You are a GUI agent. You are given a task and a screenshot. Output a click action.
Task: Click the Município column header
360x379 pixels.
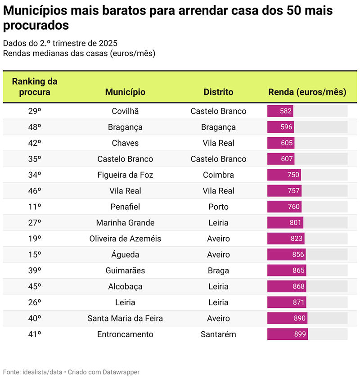pyautogui.click(x=125, y=92)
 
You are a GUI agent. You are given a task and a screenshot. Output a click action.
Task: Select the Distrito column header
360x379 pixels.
pyautogui.click(x=218, y=92)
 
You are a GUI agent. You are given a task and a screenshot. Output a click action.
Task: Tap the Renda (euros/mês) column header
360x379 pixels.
pyautogui.click(x=307, y=92)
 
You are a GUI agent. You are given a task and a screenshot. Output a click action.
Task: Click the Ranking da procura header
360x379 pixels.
pyautogui.click(x=35, y=87)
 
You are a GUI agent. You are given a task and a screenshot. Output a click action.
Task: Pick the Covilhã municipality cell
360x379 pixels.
pyautogui.click(x=125, y=111)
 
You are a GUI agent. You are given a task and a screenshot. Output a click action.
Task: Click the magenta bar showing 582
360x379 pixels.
pyautogui.click(x=280, y=111)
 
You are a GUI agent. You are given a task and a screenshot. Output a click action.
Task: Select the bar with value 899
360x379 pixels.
pyautogui.click(x=287, y=334)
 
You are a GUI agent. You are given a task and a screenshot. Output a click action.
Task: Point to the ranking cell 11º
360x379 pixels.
pyautogui.click(x=35, y=207)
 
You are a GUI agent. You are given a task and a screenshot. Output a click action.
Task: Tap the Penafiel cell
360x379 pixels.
pyautogui.click(x=125, y=207)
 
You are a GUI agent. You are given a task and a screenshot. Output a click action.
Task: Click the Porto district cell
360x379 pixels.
pyautogui.click(x=218, y=207)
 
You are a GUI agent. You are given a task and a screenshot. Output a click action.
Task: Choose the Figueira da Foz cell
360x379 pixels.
pyautogui.click(x=125, y=175)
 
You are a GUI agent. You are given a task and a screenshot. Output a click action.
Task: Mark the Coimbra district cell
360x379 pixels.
pyautogui.click(x=218, y=175)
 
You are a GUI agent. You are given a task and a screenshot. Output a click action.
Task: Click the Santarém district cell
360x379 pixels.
pyautogui.click(x=218, y=334)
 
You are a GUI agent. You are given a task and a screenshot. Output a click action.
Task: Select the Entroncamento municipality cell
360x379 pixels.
pyautogui.click(x=125, y=334)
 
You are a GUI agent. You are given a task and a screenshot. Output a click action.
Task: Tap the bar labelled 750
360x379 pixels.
pyautogui.click(x=284, y=175)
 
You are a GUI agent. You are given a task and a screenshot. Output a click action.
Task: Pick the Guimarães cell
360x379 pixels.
pyautogui.click(x=125, y=271)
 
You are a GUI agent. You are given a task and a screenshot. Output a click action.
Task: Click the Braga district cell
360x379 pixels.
pyautogui.click(x=218, y=271)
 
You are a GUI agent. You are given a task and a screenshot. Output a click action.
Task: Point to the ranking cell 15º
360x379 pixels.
pyautogui.click(x=35, y=255)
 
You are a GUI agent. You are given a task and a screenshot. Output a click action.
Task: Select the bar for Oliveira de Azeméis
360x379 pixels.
pyautogui.click(x=285, y=239)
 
